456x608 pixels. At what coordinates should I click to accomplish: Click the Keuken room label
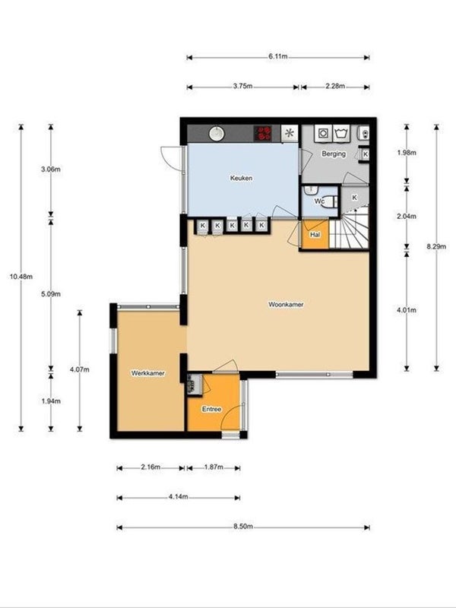241,179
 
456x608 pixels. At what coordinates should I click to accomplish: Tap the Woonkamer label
286,304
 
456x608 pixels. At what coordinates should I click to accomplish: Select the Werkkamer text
147,373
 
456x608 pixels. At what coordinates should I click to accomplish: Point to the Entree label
211,410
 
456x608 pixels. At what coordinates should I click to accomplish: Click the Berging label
333,154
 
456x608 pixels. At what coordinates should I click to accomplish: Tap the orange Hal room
314,235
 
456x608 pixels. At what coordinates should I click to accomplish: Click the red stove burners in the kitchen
264,133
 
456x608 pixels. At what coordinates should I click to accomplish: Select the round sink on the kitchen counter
217,133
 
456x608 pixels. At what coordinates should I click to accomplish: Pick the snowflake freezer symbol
290,133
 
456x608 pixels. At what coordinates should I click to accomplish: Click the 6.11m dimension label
278,56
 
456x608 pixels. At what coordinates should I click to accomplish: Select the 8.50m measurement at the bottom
243,527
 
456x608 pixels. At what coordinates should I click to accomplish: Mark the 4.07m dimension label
79,370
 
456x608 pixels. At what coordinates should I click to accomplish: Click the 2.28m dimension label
334,87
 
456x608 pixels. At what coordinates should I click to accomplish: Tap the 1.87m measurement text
213,467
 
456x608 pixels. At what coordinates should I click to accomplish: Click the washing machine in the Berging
323,133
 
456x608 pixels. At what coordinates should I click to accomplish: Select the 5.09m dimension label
51,294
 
